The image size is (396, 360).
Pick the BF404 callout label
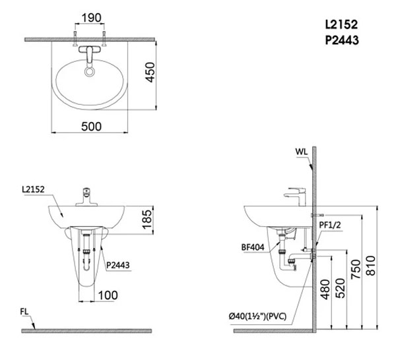pyautogui.click(x=253, y=247)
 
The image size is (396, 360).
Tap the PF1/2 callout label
pyautogui.click(x=330, y=225)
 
